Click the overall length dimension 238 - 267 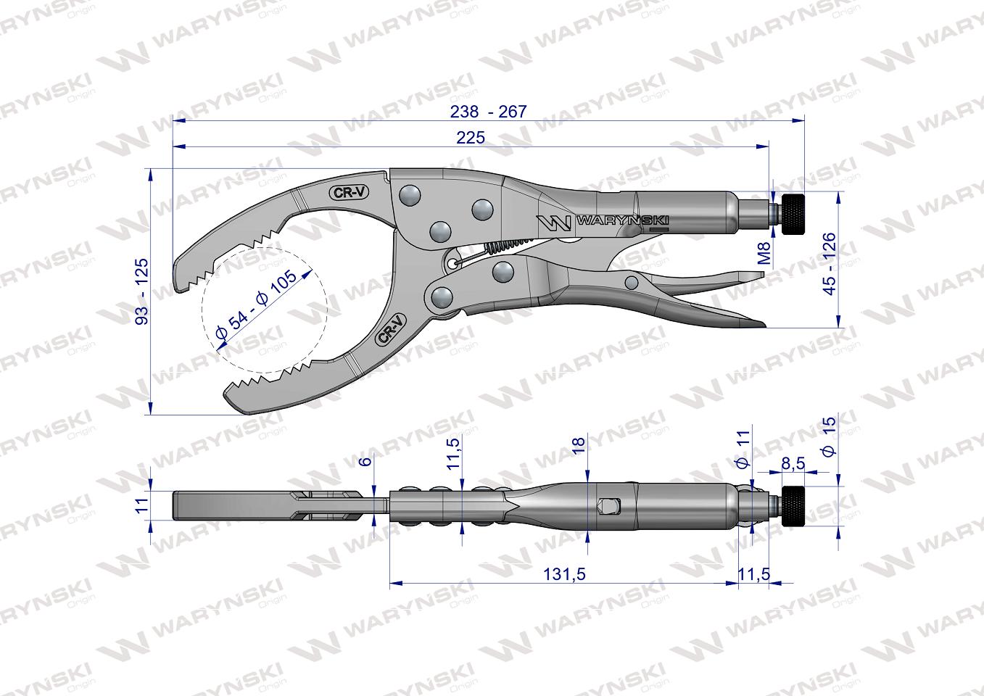point(488,112)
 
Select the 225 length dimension point(471,138)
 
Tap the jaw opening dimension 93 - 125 point(142,291)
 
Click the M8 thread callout point(765,253)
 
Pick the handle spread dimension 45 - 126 point(829,264)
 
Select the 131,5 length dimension point(564,574)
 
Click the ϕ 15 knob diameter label point(829,436)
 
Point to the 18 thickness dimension point(579,445)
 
